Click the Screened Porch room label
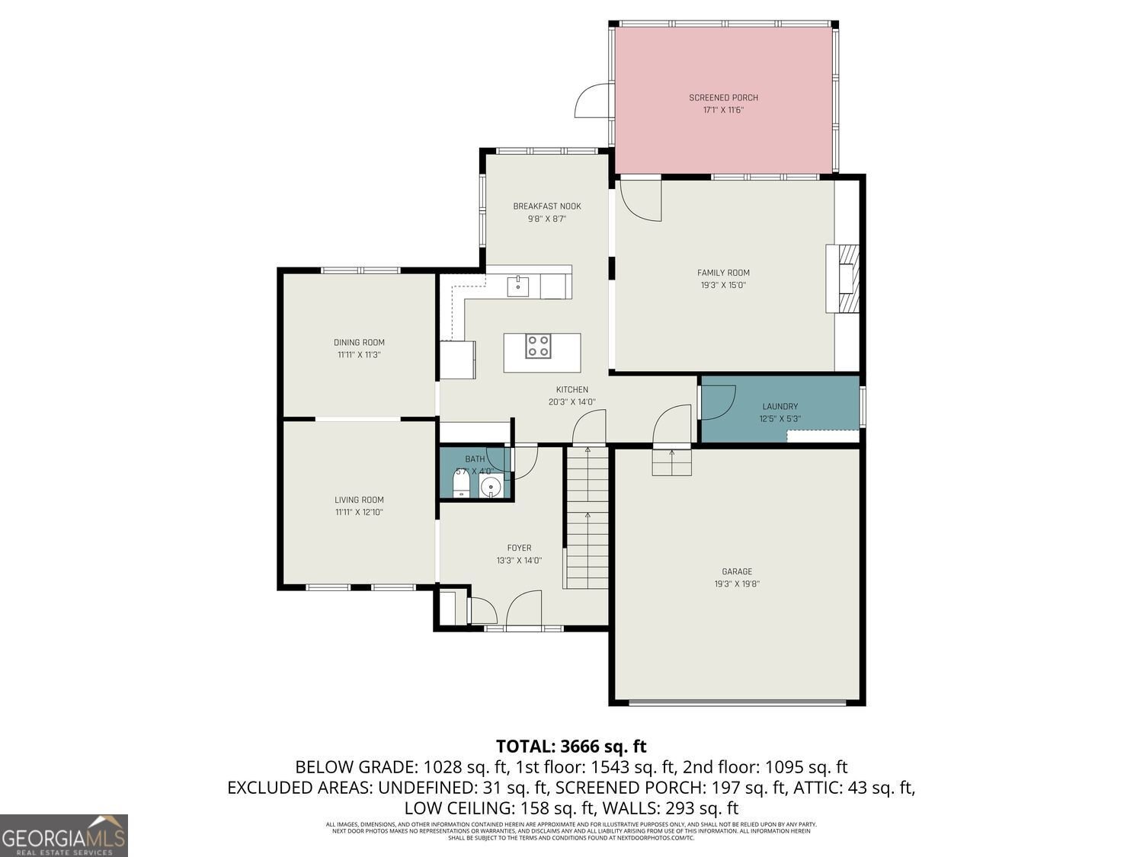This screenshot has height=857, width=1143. tap(723, 98)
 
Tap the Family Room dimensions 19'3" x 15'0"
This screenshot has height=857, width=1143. tap(723, 286)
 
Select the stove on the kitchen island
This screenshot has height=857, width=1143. tap(538, 346)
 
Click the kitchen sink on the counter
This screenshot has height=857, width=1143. tap(518, 285)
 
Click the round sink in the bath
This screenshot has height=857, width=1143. tap(492, 485)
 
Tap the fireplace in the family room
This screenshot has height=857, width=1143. tap(844, 278)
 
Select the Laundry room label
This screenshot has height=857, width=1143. tap(780, 407)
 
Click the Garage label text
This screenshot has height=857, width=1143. tap(737, 571)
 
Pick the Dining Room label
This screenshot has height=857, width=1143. tap(359, 342)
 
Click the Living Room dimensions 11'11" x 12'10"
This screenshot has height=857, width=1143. tap(359, 513)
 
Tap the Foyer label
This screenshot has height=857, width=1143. tap(519, 548)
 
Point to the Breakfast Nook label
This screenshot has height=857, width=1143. tap(546, 206)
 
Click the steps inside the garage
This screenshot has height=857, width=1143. tap(671, 462)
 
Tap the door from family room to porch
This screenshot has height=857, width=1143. tap(640, 200)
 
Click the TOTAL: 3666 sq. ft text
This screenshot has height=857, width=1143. tap(571, 746)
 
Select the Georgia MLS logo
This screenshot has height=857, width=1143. tap(64, 836)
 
